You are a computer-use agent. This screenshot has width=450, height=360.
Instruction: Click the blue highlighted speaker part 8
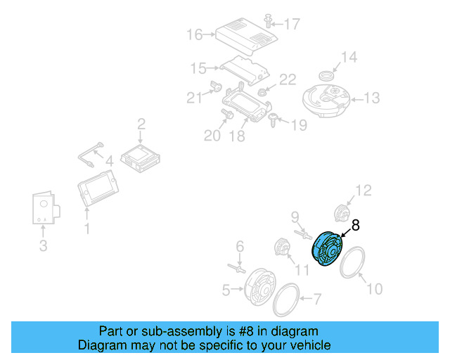click(326, 250)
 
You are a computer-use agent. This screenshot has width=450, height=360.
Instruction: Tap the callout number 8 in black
click(355, 226)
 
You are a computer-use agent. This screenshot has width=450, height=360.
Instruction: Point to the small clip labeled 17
click(269, 19)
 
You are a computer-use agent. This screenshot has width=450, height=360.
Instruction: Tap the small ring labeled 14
click(326, 75)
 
